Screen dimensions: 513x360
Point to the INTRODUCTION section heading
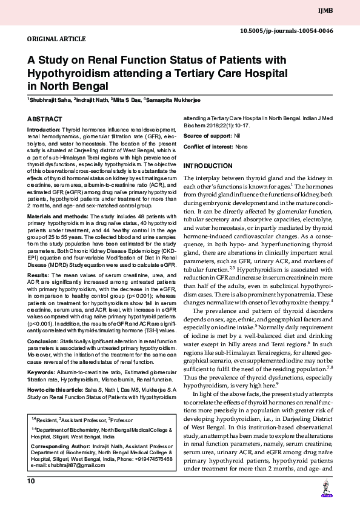[208, 166]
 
